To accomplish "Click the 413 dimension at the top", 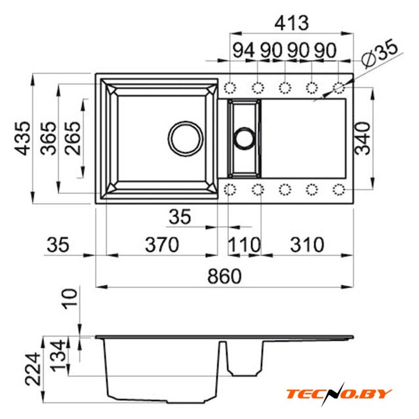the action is point(292,23).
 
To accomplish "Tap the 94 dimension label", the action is point(244,50).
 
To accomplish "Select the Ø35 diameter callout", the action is point(379,52).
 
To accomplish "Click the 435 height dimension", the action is point(22,138).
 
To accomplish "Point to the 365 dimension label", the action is point(49,138).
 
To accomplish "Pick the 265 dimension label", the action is point(72,138).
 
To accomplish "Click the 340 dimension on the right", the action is point(362,138).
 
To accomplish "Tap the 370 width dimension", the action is point(162,244).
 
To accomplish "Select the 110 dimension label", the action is point(244,244).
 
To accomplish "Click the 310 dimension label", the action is point(307,244).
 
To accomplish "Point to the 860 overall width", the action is point(224,276).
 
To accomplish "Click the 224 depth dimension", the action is point(33,369).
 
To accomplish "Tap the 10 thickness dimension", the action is point(70,299).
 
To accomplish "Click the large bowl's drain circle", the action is point(186,138).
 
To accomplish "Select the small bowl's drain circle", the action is point(244,138).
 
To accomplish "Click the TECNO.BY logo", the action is point(339,394).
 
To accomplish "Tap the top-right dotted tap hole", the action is point(339,88).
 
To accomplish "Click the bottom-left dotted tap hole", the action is point(230,190).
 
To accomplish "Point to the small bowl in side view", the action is point(244,357).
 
